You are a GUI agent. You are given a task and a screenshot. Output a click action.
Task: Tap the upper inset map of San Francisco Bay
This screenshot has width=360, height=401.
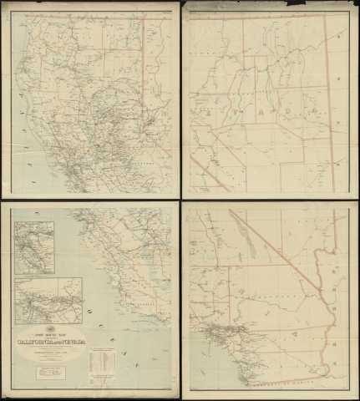[x=33, y=247]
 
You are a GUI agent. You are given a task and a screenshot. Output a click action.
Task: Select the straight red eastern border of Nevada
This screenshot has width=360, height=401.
[x=328, y=100]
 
